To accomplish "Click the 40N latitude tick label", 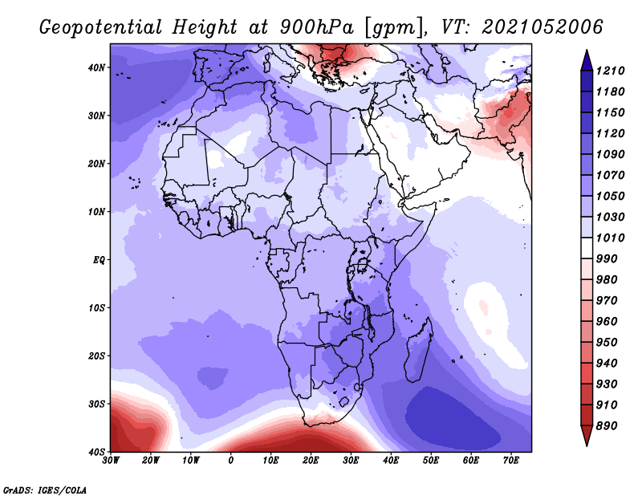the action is click(96, 67).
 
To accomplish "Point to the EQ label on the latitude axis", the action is click(99, 260).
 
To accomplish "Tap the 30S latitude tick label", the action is click(96, 405).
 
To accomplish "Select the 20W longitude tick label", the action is click(150, 461).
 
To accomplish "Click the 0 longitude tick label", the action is click(231, 461).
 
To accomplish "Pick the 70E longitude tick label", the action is click(510, 461).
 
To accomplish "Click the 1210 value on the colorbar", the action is click(610, 71).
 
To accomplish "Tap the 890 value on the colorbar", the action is click(606, 426).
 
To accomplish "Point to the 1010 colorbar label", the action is click(610, 238).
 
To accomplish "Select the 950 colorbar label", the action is click(606, 343).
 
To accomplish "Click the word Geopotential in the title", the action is click(101, 28).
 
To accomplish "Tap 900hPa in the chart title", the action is click(316, 27).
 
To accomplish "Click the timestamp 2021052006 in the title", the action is click(542, 27).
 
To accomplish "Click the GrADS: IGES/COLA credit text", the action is click(45, 490).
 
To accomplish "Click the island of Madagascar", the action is click(418, 349).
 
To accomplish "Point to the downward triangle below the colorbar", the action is click(587, 436).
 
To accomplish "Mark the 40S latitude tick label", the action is click(96, 452).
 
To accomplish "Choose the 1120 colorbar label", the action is click(610, 133).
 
